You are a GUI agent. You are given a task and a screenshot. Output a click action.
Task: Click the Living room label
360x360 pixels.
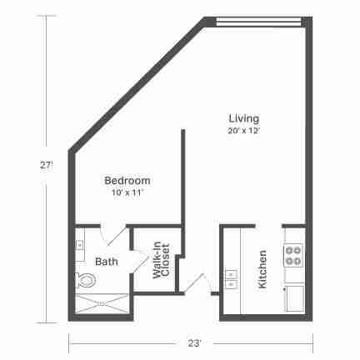pos(244,118)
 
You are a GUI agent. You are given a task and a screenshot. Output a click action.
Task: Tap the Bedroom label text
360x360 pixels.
pos(127,181)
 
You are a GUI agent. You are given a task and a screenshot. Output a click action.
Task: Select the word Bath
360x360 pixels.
pos(107,262)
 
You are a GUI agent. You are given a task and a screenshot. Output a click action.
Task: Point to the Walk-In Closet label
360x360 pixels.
pos(161,261)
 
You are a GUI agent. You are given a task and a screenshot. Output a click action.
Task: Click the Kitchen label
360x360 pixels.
pos(262,269)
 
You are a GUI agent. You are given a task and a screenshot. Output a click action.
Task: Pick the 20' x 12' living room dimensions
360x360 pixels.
pos(244,131)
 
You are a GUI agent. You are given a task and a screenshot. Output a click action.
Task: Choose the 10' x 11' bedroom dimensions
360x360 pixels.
pos(127,192)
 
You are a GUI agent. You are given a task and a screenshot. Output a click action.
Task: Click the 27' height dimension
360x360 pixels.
pos(46,166)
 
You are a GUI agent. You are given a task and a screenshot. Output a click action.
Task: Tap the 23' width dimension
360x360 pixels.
pos(194,343)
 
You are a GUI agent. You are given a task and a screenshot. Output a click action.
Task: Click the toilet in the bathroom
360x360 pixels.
pos(86,280)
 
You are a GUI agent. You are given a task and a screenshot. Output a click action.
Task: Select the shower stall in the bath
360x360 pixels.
pos(102,304)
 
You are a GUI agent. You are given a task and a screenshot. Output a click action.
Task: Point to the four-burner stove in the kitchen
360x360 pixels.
pos(293,255)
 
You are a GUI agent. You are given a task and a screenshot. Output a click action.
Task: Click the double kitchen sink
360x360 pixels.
pos(231,279)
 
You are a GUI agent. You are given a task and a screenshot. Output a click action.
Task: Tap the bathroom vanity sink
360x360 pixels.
pos(80,245)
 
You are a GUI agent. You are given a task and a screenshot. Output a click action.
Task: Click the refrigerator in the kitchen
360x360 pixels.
pos(295,298)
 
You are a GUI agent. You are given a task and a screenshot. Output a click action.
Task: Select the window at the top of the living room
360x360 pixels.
pos(258,22)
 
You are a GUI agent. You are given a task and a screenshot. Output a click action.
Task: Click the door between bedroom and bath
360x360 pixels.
pos(113,235)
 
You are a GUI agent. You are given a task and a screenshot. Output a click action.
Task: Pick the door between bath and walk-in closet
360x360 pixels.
pos(139,262)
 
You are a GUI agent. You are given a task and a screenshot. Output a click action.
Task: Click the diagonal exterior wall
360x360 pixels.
pos(138,85)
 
